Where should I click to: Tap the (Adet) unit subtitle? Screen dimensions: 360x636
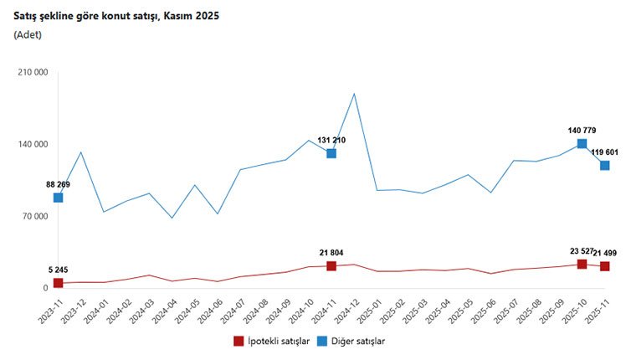coord(28,34)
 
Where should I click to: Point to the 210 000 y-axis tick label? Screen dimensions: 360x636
coord(33,73)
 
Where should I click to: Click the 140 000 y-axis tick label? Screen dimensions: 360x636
coord(33,145)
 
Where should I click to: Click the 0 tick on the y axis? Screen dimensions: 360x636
coord(44,289)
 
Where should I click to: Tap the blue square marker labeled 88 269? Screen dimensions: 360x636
coord(58,198)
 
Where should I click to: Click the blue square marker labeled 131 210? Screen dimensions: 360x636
coord(331,153)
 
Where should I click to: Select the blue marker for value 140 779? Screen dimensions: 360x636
coord(582,144)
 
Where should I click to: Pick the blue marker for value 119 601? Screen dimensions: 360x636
coord(604,166)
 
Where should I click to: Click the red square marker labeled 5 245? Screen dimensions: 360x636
coord(58,283)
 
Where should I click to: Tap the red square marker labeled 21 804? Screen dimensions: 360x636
coord(331,266)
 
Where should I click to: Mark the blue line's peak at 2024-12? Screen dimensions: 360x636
coord(354,93)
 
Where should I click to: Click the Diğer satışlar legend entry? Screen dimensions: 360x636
coord(354,342)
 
